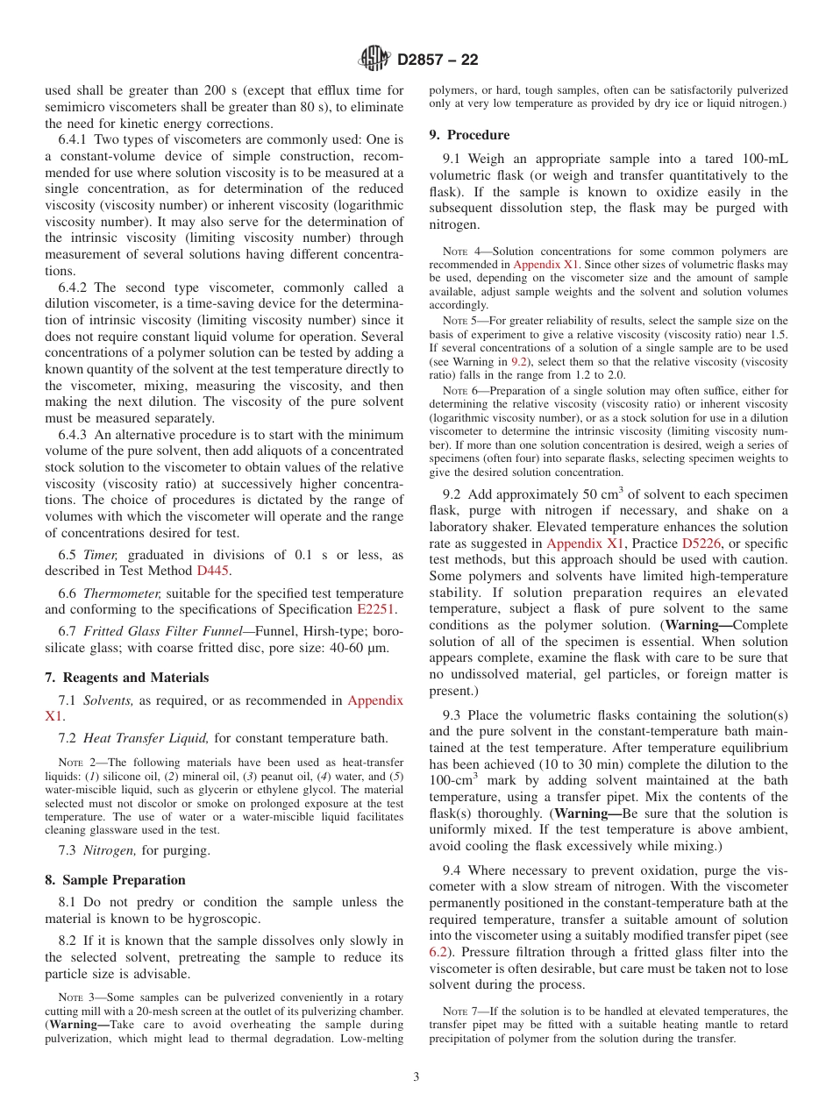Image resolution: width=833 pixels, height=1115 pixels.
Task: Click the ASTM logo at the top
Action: (374, 60)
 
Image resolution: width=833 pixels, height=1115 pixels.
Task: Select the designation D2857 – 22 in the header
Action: (438, 60)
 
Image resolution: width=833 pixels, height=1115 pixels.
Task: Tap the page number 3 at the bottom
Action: (416, 1076)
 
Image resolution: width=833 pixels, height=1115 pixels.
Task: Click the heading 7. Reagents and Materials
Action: (127, 678)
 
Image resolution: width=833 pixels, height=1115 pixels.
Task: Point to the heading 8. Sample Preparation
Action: (115, 880)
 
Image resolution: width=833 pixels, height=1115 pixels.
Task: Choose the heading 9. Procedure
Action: (469, 135)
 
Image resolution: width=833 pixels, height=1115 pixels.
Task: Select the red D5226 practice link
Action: (701, 543)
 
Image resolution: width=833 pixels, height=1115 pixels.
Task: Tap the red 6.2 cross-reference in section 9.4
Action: (438, 952)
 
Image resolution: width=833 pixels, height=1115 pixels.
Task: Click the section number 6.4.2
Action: (75, 288)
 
